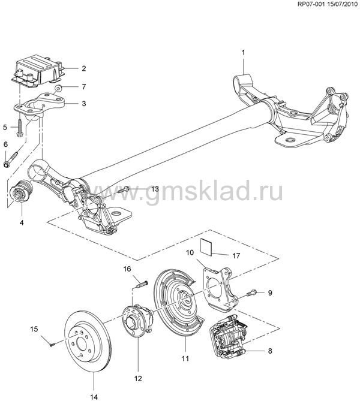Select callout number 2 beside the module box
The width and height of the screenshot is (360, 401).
tap(83, 68)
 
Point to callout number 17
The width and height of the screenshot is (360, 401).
tap(236, 255)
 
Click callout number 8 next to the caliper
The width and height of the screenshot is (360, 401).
tap(269, 351)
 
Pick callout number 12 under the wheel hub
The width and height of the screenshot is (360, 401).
tap(137, 378)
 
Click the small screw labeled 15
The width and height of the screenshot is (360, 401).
tap(52, 342)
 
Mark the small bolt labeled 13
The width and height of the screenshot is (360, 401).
tap(124, 190)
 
